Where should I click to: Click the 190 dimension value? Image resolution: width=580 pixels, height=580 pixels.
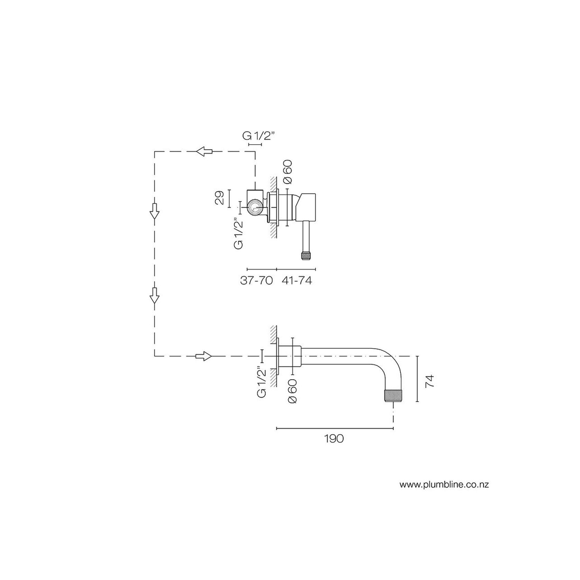pos(334,439)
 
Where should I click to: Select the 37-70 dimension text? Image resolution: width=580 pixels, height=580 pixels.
pos(256,280)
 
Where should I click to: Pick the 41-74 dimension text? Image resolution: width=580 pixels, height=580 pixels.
pos(297,280)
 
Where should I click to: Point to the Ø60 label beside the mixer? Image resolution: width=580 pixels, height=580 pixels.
pos(288,172)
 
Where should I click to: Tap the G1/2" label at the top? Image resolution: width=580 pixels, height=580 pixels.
pos(258,136)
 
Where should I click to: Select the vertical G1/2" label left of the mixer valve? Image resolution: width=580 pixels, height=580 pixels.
pos(239,233)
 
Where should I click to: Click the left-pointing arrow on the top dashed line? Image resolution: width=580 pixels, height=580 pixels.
pos(204,151)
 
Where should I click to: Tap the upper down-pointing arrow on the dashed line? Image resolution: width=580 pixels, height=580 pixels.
pos(154,211)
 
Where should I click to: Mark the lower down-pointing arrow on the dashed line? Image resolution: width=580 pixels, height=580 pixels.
pos(154,295)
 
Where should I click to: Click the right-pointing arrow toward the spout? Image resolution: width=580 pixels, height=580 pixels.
pos(203,356)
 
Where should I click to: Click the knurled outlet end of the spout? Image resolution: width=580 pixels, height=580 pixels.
pos(393,395)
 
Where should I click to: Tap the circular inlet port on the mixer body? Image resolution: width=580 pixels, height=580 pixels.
pos(255,208)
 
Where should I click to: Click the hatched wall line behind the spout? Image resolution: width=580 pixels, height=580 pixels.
pos(273,356)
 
